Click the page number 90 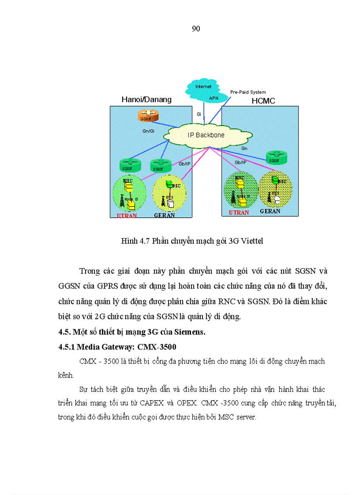(196, 29)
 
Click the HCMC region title (263, 101)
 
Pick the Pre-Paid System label (248, 92)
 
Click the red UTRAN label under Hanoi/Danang (127, 216)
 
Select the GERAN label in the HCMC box (270, 212)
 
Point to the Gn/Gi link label (148, 131)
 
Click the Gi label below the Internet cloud (199, 114)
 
